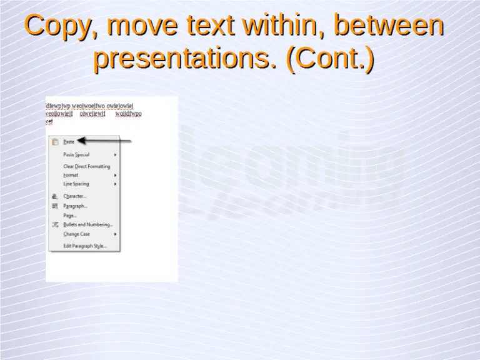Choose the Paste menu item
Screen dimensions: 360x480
69,142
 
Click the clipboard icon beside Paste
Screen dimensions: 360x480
55,142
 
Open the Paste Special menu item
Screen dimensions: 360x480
76,154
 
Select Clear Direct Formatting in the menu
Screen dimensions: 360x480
86,166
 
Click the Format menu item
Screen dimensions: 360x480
71,175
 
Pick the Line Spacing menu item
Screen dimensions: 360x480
76,184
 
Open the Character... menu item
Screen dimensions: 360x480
75,196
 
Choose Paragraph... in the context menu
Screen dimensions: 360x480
76,206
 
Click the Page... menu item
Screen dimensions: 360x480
70,215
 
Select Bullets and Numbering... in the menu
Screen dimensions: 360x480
88,224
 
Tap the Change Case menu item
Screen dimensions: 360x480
76,234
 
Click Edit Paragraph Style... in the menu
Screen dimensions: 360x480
85,246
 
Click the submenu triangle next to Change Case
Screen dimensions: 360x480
116,234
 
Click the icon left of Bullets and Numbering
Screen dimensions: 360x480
55,224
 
